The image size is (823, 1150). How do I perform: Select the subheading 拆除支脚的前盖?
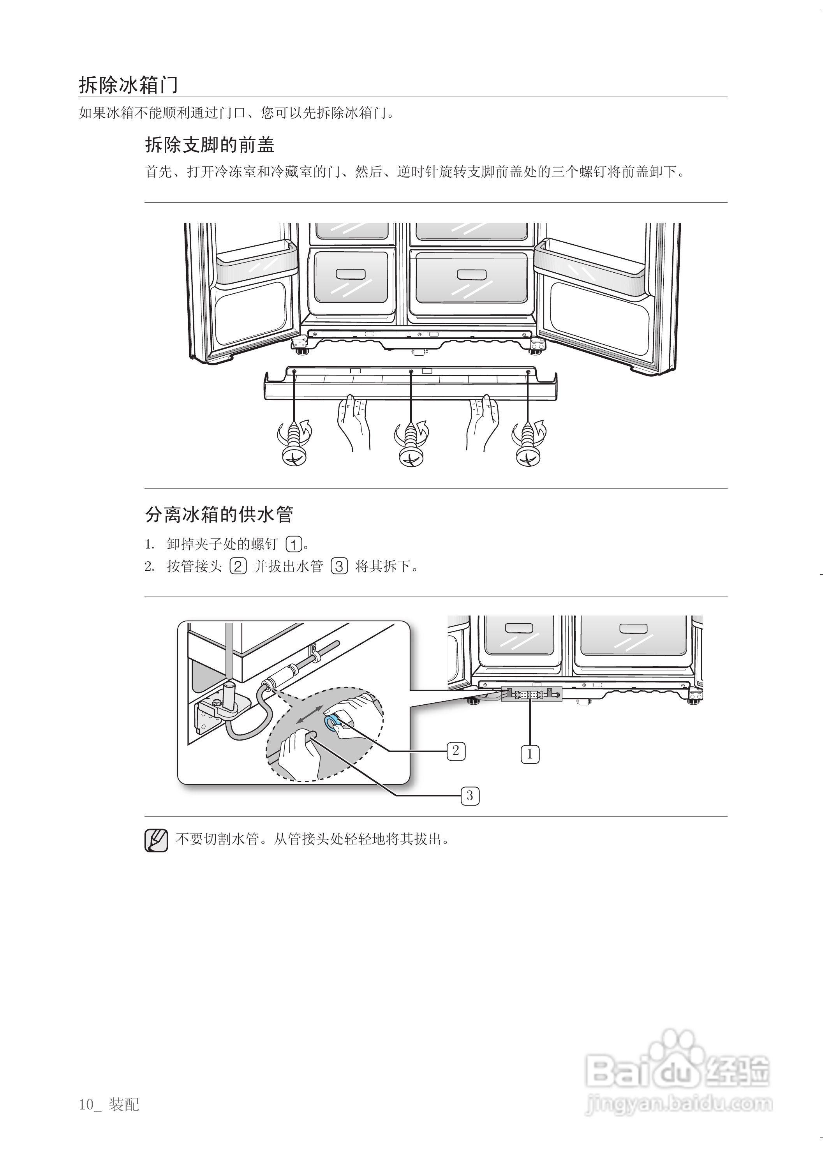pyautogui.click(x=210, y=145)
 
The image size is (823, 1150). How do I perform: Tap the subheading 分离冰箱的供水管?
pyautogui.click(x=219, y=515)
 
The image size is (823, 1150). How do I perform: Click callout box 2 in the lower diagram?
pyautogui.click(x=456, y=751)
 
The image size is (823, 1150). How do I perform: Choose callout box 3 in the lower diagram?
pyautogui.click(x=470, y=796)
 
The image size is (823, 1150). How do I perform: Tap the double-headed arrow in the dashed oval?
pyautogui.click(x=310, y=714)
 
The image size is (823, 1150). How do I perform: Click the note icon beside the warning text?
pyautogui.click(x=156, y=840)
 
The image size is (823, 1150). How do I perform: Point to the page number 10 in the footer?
pyautogui.click(x=86, y=1104)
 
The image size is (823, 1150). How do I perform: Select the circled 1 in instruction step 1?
pyautogui.click(x=294, y=544)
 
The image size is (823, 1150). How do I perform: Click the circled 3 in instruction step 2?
pyautogui.click(x=339, y=566)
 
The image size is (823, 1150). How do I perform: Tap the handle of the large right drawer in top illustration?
pyautogui.click(x=471, y=275)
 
